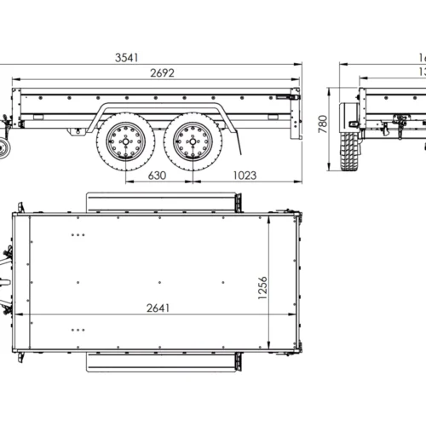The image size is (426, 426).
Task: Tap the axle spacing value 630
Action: click(x=157, y=176)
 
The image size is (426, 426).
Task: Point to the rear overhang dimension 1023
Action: click(x=244, y=176)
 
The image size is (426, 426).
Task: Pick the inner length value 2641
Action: click(x=157, y=308)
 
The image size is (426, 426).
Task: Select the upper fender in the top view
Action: click(x=162, y=203)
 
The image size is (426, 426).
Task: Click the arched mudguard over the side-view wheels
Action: click(x=158, y=111)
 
